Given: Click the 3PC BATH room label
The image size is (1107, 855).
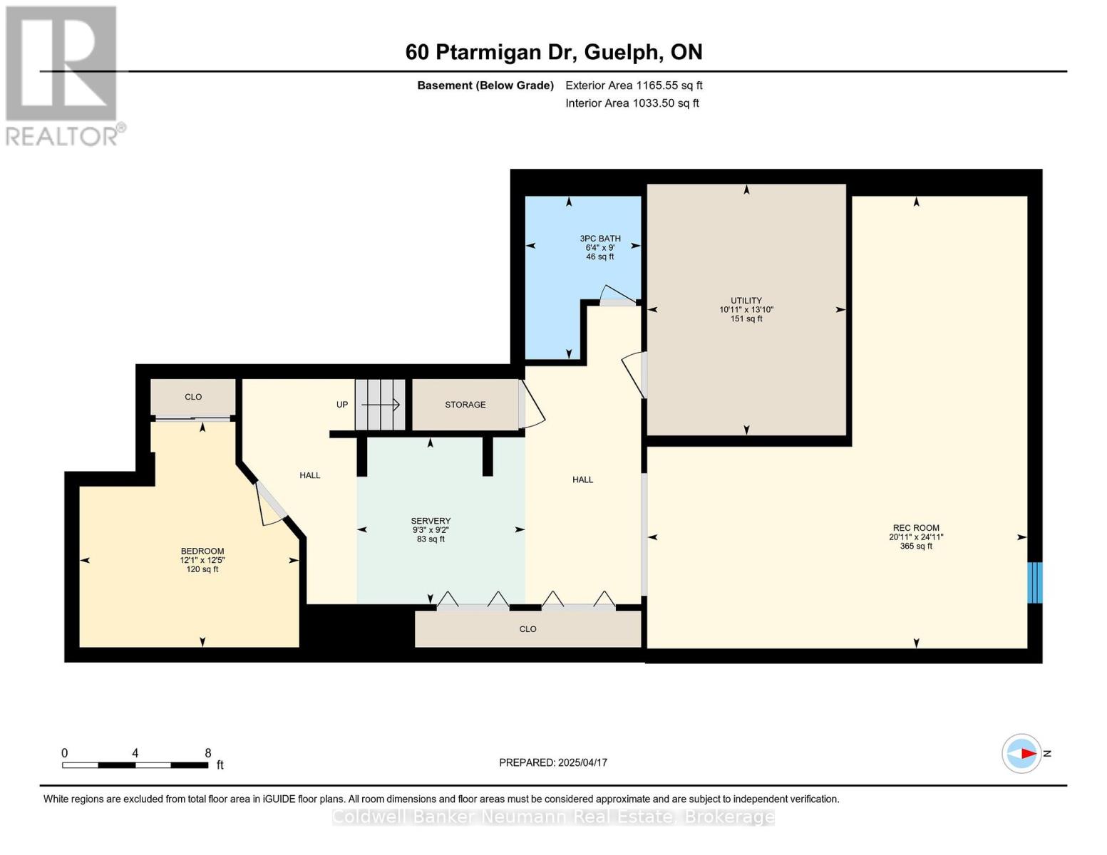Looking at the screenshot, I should tap(599, 239).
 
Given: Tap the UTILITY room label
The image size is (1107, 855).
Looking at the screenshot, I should tap(746, 301).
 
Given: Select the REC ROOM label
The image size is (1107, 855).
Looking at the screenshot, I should tap(916, 528).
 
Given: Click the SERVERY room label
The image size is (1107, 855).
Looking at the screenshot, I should tap(431, 521).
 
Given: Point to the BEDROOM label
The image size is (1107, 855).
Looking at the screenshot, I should tap(202, 551).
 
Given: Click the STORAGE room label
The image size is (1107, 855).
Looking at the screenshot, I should tap(465, 405).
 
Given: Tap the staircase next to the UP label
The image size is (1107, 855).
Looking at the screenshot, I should tap(380, 405).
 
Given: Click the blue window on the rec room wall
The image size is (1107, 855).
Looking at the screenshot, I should tap(1034, 583).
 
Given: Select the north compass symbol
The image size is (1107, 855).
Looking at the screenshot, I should tap(1022, 753).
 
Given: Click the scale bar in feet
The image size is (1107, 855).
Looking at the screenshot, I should tap(135, 765).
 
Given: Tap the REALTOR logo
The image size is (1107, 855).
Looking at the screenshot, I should tap(63, 76).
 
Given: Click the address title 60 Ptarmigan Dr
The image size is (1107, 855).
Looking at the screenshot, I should tap(553, 52).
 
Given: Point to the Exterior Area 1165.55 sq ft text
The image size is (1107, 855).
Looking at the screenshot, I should tap(634, 85).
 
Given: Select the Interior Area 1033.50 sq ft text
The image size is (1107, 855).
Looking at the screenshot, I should tap(632, 103).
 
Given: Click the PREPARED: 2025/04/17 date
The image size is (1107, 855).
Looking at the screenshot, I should tap(552, 762).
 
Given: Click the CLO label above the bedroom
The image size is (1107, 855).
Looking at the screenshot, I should tap(193, 397).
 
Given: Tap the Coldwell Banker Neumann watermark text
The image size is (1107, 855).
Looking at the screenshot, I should tap(553, 817).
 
